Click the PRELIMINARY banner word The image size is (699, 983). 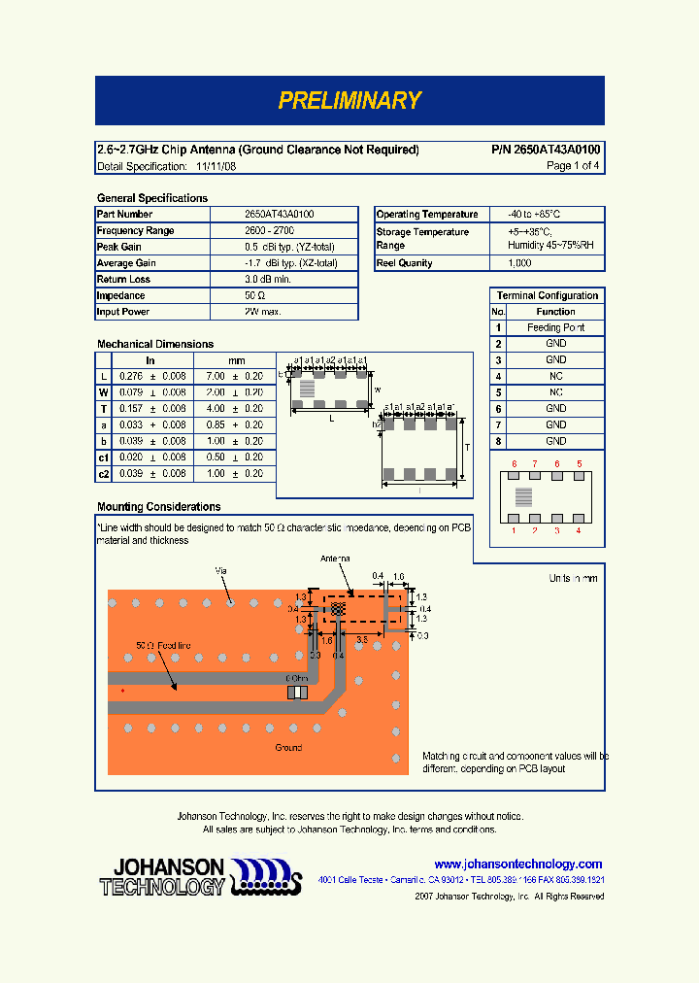[349, 101]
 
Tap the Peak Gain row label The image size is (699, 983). [119, 247]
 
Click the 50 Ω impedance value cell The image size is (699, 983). [255, 295]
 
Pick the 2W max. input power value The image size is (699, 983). [262, 312]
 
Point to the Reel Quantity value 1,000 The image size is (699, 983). [520, 263]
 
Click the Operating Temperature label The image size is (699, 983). [427, 214]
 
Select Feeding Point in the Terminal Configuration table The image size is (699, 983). [555, 328]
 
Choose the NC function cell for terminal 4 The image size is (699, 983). [555, 376]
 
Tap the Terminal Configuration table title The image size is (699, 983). [547, 295]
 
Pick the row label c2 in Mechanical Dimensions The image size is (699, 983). [104, 474]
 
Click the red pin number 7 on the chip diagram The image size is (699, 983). [535, 464]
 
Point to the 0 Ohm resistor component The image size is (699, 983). [298, 693]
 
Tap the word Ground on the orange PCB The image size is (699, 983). [288, 748]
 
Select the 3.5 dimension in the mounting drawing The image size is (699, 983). [361, 641]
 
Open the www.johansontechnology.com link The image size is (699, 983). [518, 864]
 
